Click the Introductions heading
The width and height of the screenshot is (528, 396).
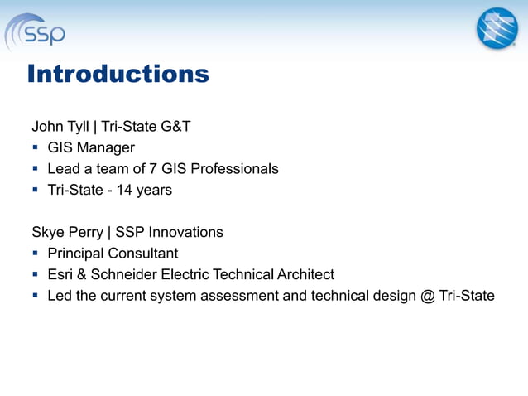point(118,75)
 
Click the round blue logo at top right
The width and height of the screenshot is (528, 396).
point(496,28)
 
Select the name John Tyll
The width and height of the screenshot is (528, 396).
point(61,127)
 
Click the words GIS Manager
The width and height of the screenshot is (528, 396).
point(91,148)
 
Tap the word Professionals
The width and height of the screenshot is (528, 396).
point(234,169)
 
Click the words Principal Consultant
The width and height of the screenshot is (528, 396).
point(113,254)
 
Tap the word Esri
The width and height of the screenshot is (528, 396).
point(61,274)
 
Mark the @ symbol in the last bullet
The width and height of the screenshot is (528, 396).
point(427,296)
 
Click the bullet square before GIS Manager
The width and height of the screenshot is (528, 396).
point(36,148)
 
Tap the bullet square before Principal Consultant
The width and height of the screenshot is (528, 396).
point(36,254)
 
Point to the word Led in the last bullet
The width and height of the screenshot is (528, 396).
point(60,296)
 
